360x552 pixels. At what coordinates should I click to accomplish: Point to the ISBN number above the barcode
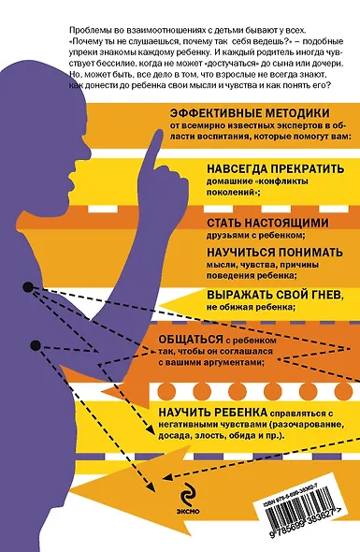300,484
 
